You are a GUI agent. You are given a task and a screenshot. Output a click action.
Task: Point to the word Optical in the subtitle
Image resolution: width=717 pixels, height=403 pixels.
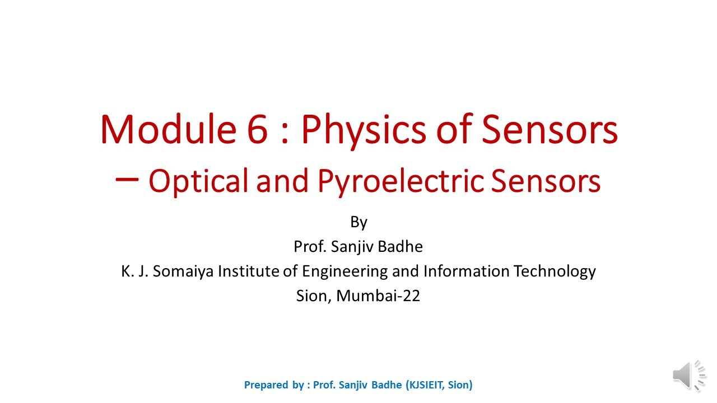coord(198,181)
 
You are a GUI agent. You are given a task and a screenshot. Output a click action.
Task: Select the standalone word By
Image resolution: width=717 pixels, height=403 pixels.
coord(358,222)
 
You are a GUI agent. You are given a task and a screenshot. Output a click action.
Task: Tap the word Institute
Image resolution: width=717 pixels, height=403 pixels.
coord(248,271)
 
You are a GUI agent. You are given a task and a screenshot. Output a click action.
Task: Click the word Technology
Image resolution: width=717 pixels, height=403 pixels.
coord(552,272)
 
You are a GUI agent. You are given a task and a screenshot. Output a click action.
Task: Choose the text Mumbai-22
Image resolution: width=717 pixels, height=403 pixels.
coord(388,296)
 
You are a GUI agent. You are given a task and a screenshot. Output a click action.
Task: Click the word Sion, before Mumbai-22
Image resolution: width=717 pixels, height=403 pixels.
coord(314,296)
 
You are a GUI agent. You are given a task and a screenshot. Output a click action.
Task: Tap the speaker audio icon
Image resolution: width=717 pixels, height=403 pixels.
coord(688,375)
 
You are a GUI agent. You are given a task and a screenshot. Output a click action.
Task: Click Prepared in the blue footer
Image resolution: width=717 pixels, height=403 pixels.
coord(266,385)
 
